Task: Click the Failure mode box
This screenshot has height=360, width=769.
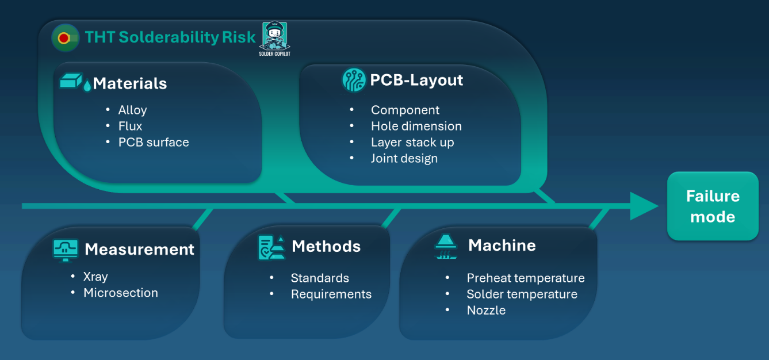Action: point(713,206)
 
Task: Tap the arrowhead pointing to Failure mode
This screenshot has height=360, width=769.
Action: point(644,206)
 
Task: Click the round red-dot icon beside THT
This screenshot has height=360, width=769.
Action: point(65,38)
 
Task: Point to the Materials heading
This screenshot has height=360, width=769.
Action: point(129,83)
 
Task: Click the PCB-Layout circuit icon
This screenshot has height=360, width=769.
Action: point(354,80)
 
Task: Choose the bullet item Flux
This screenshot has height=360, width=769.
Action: point(130,126)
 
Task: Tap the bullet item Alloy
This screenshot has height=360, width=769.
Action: point(132,110)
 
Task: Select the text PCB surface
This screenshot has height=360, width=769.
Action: point(154,142)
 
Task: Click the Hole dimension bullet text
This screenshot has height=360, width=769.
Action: point(416,126)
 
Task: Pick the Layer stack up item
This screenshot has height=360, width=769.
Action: point(412,142)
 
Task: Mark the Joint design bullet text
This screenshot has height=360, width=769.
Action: point(404,158)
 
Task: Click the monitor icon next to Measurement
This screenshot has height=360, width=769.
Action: point(66,249)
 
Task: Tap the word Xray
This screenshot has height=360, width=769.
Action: point(95,277)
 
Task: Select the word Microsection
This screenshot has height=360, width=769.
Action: point(120,293)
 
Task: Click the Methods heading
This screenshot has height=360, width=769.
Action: point(326,246)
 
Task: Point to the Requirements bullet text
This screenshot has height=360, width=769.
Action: point(331,294)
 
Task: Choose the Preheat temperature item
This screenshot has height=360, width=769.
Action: point(525,278)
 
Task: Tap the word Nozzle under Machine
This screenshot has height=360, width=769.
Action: point(486,310)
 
